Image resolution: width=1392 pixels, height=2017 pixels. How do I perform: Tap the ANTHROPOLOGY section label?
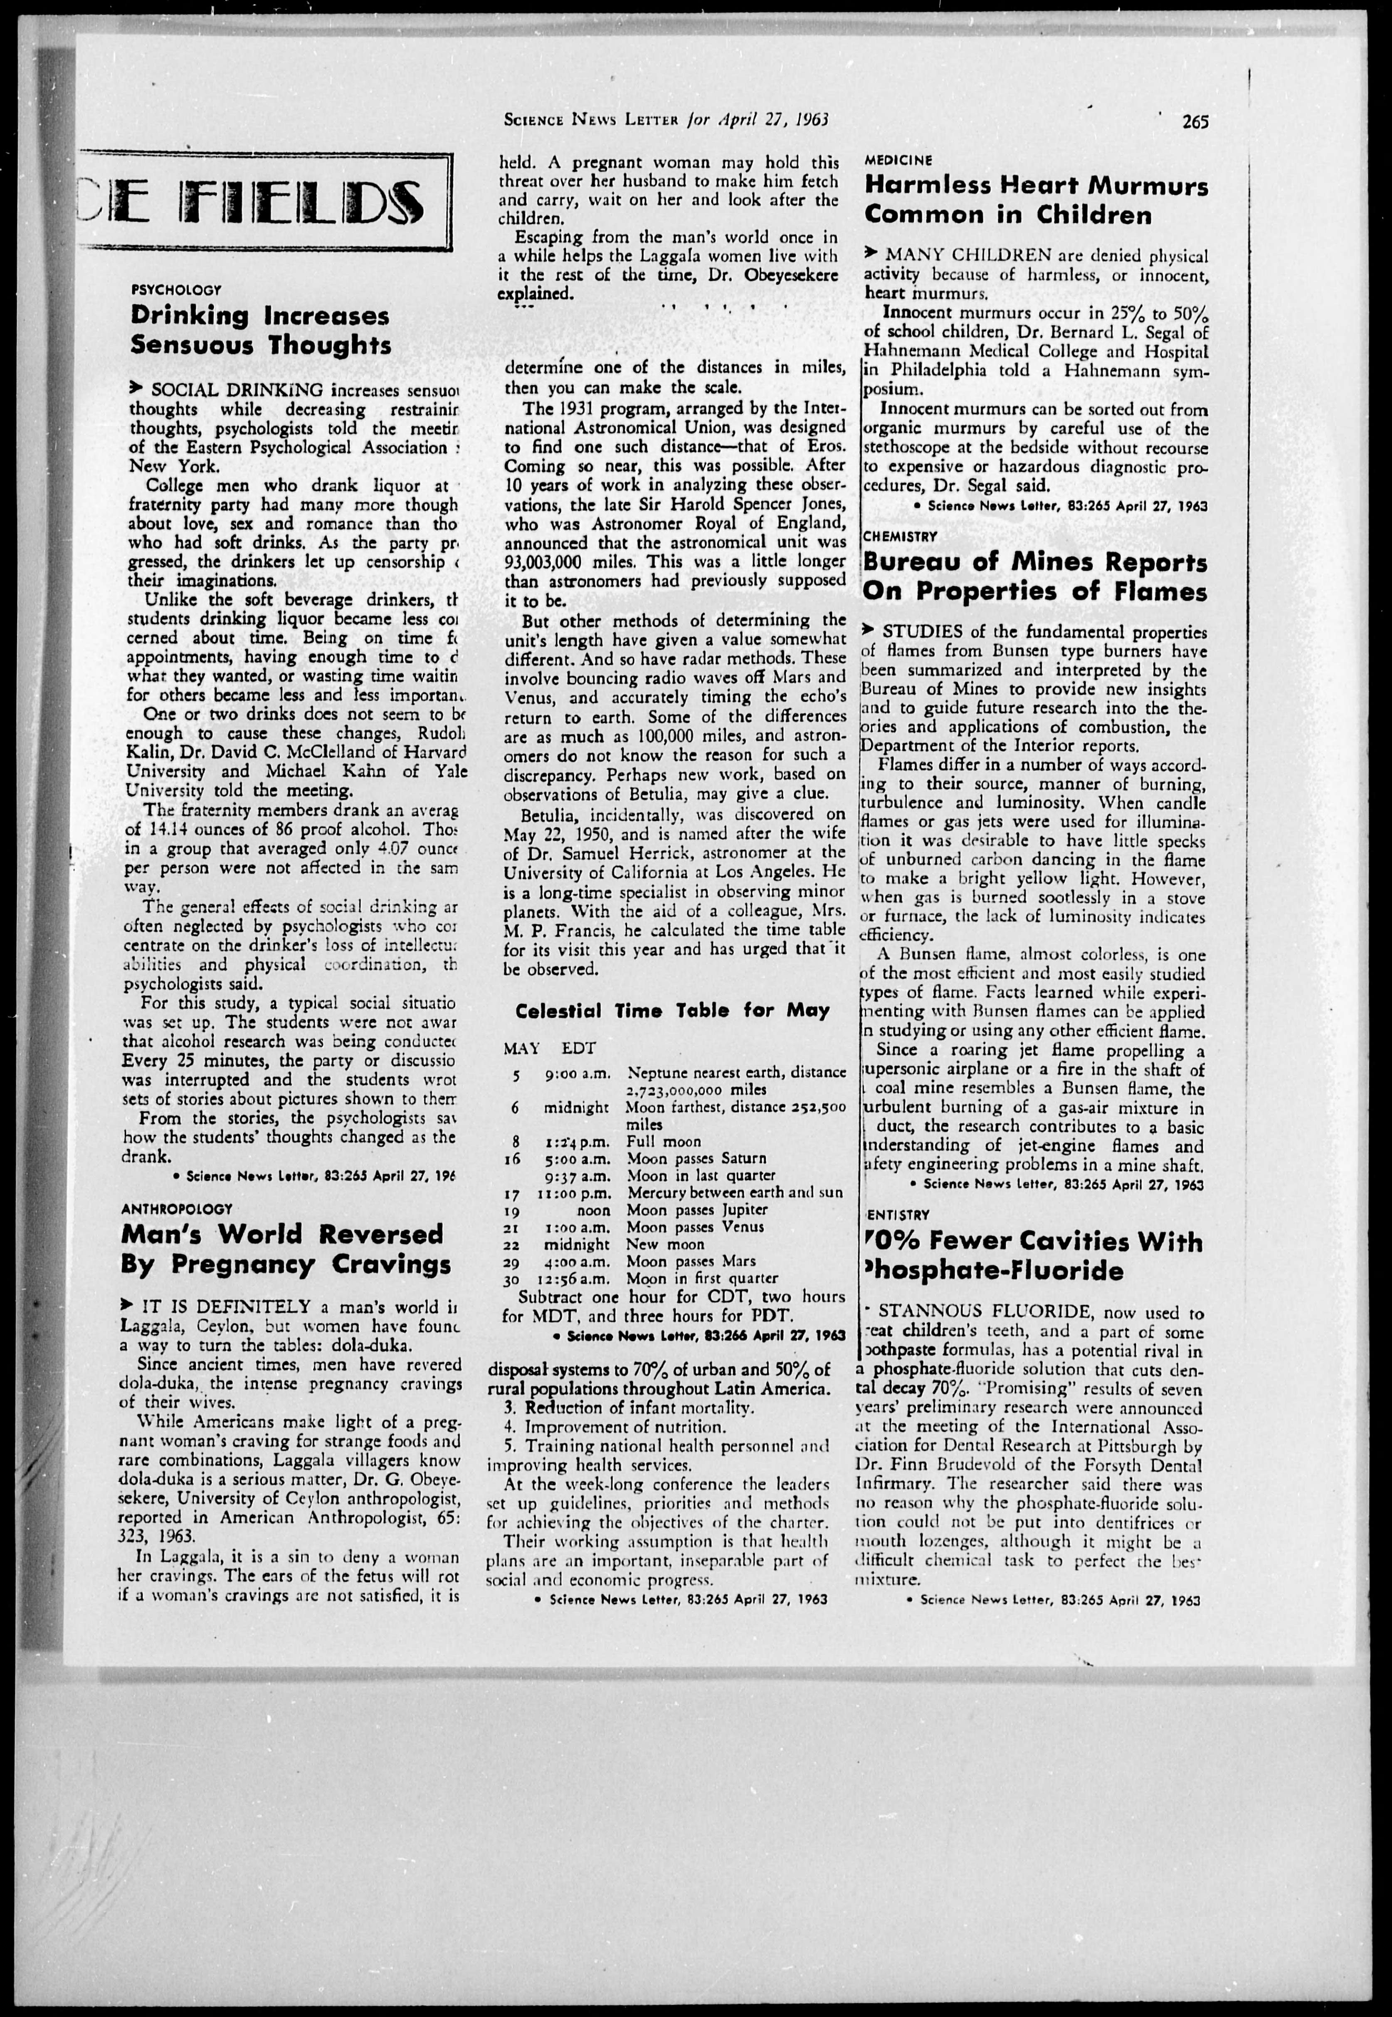coord(177,1209)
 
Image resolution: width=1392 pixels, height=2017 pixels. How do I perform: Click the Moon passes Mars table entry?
coord(691,1261)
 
